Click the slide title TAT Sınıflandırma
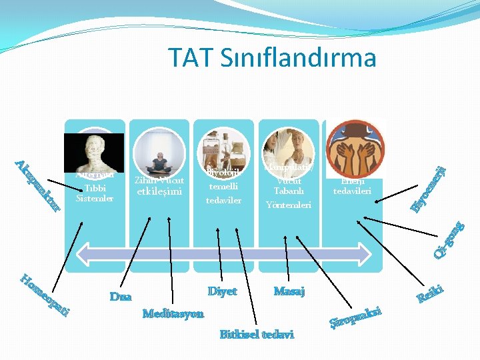pos(272,58)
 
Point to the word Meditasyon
pos(173,313)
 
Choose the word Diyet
pos(222,292)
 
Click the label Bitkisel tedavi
pos(257,334)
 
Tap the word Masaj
pos(289,292)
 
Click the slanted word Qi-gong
pos(448,239)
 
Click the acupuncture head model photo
pos(93,153)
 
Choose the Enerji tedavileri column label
pos(353,186)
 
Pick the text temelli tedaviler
pos(223,193)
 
